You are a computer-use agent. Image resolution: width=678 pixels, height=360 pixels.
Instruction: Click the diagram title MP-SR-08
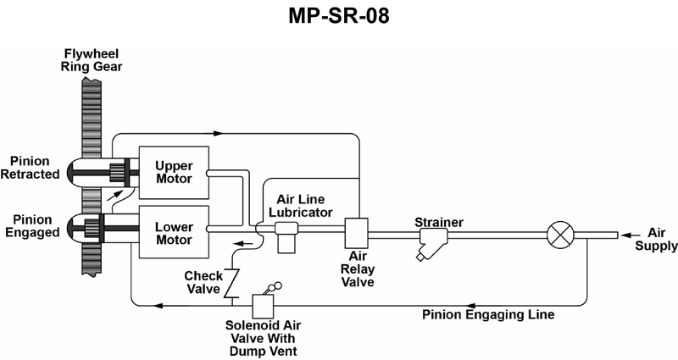point(339,16)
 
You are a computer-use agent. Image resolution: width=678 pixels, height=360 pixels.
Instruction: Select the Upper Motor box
point(174,172)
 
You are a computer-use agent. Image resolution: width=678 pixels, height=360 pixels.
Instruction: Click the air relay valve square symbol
point(356,232)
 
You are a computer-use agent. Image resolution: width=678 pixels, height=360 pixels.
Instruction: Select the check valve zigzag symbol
point(228,282)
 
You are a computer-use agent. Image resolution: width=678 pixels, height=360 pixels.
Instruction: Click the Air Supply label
point(662,240)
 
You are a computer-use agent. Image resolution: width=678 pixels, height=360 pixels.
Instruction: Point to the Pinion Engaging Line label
point(488,315)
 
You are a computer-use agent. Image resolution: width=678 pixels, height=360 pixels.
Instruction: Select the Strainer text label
point(439,222)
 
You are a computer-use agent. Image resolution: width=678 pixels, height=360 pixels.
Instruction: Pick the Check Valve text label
point(203,283)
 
